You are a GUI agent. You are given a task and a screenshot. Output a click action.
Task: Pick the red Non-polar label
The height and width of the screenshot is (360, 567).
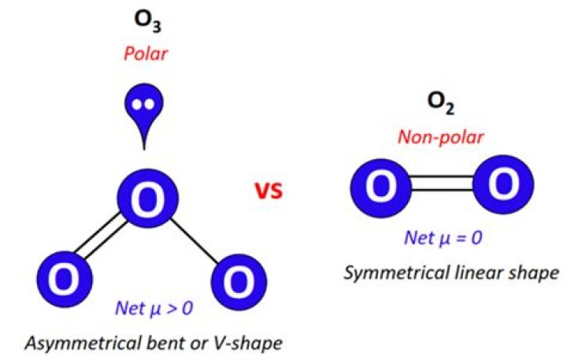click(x=441, y=136)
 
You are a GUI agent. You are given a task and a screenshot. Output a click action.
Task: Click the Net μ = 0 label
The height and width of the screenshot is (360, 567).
click(x=441, y=237)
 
